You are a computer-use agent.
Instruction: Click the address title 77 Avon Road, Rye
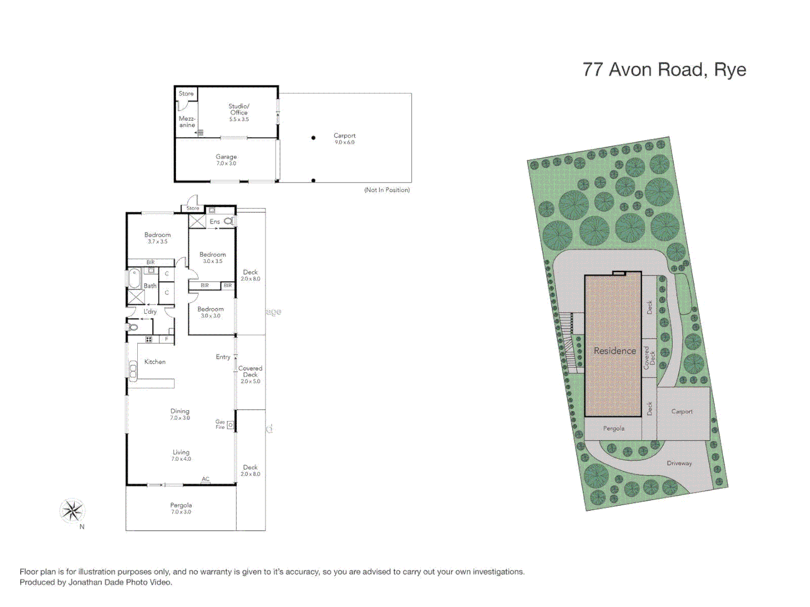click(664, 70)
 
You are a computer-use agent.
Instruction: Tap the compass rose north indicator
click(72, 511)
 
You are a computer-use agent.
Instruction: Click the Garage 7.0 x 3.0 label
click(226, 160)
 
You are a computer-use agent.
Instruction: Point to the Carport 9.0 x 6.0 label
click(344, 138)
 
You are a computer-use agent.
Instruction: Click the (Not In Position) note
click(387, 190)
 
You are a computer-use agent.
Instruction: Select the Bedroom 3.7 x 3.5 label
click(157, 238)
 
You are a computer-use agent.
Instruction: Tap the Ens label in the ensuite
click(215, 222)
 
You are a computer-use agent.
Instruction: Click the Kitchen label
click(155, 362)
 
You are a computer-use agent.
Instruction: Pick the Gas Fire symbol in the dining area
click(230, 425)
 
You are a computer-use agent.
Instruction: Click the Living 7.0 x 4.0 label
click(181, 455)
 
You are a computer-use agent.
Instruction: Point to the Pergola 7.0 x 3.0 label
click(181, 508)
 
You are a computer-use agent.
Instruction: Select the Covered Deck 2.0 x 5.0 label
click(250, 374)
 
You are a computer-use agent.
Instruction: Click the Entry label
click(223, 357)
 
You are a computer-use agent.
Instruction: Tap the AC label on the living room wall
click(205, 479)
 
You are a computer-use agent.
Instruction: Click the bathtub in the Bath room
click(134, 279)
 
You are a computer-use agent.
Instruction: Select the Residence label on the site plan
click(615, 351)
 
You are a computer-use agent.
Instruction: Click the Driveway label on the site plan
click(679, 463)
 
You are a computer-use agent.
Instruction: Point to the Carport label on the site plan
click(682, 411)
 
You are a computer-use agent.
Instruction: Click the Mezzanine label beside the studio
click(187, 122)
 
